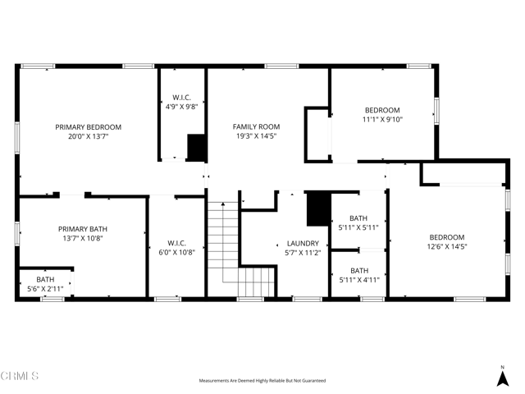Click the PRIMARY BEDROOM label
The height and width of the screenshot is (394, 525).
pos(88,127)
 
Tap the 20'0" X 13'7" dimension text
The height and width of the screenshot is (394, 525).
pos(88,136)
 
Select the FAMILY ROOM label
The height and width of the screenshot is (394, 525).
pos(256,127)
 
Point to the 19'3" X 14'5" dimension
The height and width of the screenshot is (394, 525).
pos(256,136)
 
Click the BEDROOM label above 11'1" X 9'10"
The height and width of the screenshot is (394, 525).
pos(382,111)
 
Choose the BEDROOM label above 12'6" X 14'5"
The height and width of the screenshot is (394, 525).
pos(446,237)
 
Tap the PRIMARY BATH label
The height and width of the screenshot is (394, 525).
pos(82,229)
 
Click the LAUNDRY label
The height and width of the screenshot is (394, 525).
pos(302,244)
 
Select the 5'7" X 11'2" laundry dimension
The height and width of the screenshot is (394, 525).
pos(302,253)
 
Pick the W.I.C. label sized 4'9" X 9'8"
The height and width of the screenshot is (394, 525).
pos(180,97)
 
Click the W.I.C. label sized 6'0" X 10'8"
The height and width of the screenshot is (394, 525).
pos(176,243)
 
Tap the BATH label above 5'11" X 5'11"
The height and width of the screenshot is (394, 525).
pos(359,218)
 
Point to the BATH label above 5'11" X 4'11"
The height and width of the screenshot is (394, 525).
pos(359,271)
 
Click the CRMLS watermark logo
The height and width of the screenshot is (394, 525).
pos(21,377)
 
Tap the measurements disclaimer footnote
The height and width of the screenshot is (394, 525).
pos(262,381)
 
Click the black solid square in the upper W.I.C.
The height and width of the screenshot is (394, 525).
pos(196,147)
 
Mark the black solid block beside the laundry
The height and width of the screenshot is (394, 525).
pos(317,208)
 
